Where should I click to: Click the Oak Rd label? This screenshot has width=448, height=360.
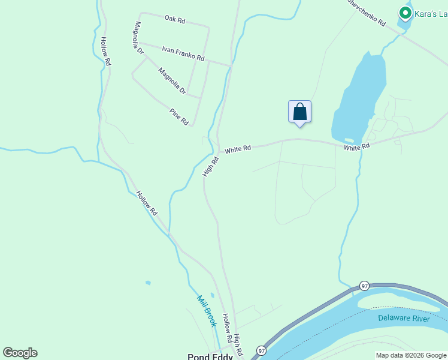point(175,20)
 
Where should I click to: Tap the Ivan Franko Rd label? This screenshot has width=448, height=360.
point(183,54)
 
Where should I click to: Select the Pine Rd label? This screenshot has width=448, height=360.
point(178,116)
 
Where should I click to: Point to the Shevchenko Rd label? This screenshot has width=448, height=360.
point(366,12)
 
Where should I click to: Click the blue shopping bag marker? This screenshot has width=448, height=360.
point(299,112)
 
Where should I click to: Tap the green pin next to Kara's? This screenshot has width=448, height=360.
point(405,13)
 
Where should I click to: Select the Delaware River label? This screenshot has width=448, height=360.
point(404,318)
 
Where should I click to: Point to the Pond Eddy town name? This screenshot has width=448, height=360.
point(210,356)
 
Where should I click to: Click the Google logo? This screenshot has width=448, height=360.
point(20,353)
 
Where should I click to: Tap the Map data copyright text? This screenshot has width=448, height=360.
point(411,355)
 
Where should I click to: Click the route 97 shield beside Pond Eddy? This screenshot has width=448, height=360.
point(261,350)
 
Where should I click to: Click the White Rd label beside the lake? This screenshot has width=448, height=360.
point(356,146)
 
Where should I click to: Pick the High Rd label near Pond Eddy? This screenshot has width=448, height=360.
point(237,344)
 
